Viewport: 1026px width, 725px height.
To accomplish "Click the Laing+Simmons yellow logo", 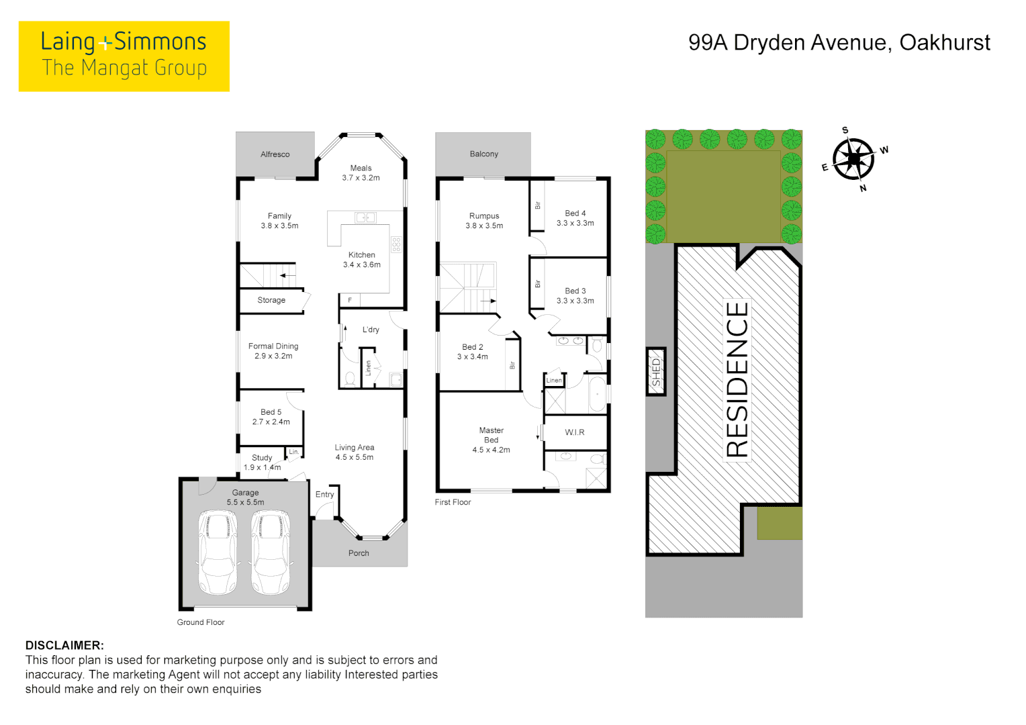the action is [x=124, y=56].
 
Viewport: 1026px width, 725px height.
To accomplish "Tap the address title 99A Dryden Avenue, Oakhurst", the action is [x=839, y=43].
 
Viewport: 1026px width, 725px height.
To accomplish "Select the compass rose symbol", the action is [x=853, y=159].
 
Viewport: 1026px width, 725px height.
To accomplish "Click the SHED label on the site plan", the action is [x=656, y=371].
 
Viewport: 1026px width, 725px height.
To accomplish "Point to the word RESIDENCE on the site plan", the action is [x=737, y=379].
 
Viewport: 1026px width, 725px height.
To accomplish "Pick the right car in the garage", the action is [x=271, y=552].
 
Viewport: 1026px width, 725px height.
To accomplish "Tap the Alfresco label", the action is [x=275, y=154].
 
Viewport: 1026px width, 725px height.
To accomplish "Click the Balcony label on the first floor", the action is [x=483, y=154].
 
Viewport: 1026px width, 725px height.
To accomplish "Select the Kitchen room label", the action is [x=361, y=255].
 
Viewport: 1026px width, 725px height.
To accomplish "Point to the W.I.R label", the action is [x=574, y=432].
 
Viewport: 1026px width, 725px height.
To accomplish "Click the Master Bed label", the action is [x=491, y=435].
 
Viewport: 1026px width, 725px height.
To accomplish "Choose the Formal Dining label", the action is [x=273, y=346].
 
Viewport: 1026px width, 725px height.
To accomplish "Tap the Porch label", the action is [x=359, y=553].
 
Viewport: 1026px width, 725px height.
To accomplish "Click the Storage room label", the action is [x=271, y=300].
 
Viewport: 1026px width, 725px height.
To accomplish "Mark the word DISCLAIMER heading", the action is [x=64, y=645].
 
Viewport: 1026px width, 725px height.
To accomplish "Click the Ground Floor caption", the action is [x=201, y=622].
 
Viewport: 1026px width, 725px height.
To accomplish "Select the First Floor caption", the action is [x=453, y=502].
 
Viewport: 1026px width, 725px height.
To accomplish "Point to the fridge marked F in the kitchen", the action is [x=350, y=300].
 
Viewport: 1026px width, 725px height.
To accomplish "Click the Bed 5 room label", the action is [x=271, y=412].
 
